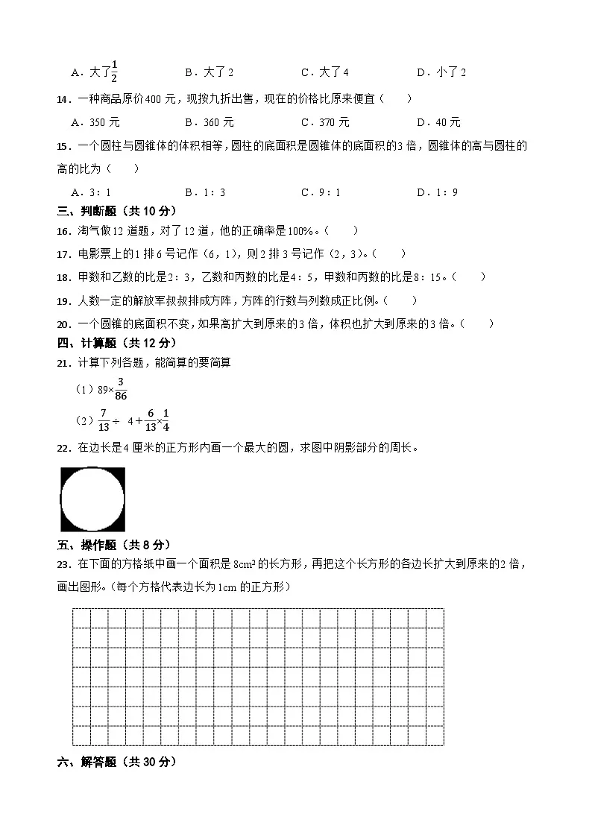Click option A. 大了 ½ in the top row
(95, 72)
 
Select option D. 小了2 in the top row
(441, 72)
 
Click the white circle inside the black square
(92, 499)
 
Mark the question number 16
(63, 231)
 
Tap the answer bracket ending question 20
(477, 323)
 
